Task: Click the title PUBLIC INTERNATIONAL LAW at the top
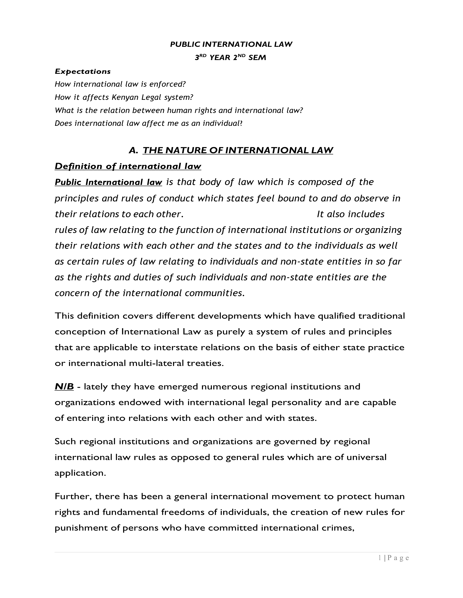tap(231, 44)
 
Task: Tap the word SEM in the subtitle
tap(257, 58)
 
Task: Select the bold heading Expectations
tap(83, 71)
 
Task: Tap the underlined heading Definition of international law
tap(128, 166)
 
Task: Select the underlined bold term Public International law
tap(108, 182)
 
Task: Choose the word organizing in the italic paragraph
tap(378, 230)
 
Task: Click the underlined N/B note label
tap(64, 387)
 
